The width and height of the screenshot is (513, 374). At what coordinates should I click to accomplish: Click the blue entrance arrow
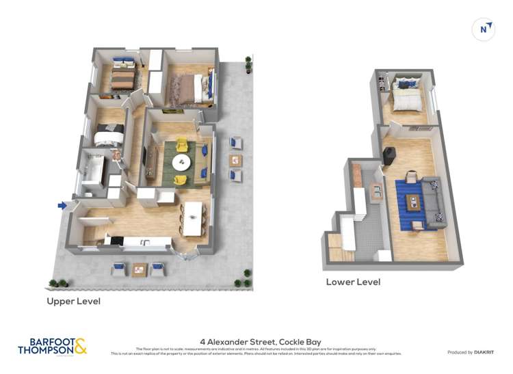62,205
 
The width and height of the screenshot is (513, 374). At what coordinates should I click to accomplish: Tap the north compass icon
484,29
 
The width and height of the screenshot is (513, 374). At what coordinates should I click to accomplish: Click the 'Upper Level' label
73,301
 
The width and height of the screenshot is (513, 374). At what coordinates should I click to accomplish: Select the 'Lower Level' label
353,282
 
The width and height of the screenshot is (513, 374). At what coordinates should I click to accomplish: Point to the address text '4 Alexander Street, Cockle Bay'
260,342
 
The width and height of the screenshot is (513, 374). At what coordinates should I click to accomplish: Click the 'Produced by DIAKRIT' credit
471,352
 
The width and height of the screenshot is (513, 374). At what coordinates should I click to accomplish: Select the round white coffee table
182,163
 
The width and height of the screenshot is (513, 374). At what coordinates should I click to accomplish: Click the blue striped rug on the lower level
413,204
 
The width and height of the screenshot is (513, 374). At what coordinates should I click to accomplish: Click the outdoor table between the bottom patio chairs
139,269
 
